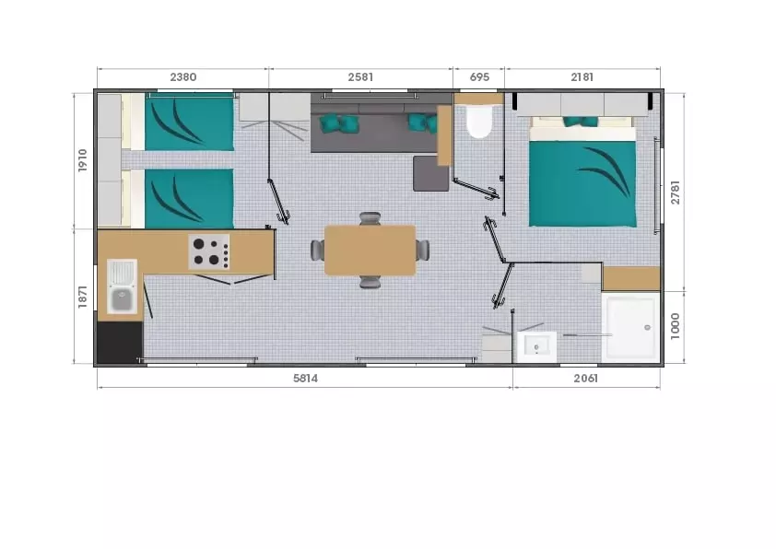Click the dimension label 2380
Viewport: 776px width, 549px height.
coord(183,77)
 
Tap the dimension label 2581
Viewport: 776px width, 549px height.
coord(360,77)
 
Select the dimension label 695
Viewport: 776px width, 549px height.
coord(479,77)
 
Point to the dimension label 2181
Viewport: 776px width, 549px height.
coord(582,77)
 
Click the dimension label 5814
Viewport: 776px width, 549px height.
coord(305,379)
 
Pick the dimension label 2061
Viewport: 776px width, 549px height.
coord(586,379)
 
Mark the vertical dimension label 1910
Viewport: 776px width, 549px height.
coord(83,160)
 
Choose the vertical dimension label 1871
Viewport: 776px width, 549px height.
coord(83,297)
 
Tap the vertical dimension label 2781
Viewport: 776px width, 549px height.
coord(675,193)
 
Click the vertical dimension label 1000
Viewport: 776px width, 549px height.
coord(675,326)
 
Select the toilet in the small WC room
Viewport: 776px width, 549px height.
coord(478,122)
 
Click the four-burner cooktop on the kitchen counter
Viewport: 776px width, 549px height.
coord(209,251)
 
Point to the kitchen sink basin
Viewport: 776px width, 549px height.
coord(123,299)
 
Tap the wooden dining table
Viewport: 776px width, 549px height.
coord(370,251)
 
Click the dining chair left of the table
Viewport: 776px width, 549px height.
coord(318,251)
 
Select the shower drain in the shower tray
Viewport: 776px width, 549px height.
coord(647,327)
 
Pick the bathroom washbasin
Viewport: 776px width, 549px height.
coord(537,346)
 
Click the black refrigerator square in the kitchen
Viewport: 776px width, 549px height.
coord(120,343)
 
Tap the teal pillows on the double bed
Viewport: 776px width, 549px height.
coord(581,122)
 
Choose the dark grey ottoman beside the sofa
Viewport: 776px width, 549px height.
coord(430,173)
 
